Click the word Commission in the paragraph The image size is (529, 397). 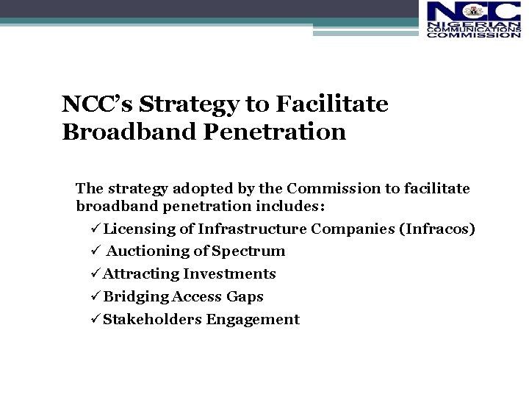pos(331,188)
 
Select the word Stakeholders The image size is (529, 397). pos(152,320)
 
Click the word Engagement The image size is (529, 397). pos(253,320)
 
